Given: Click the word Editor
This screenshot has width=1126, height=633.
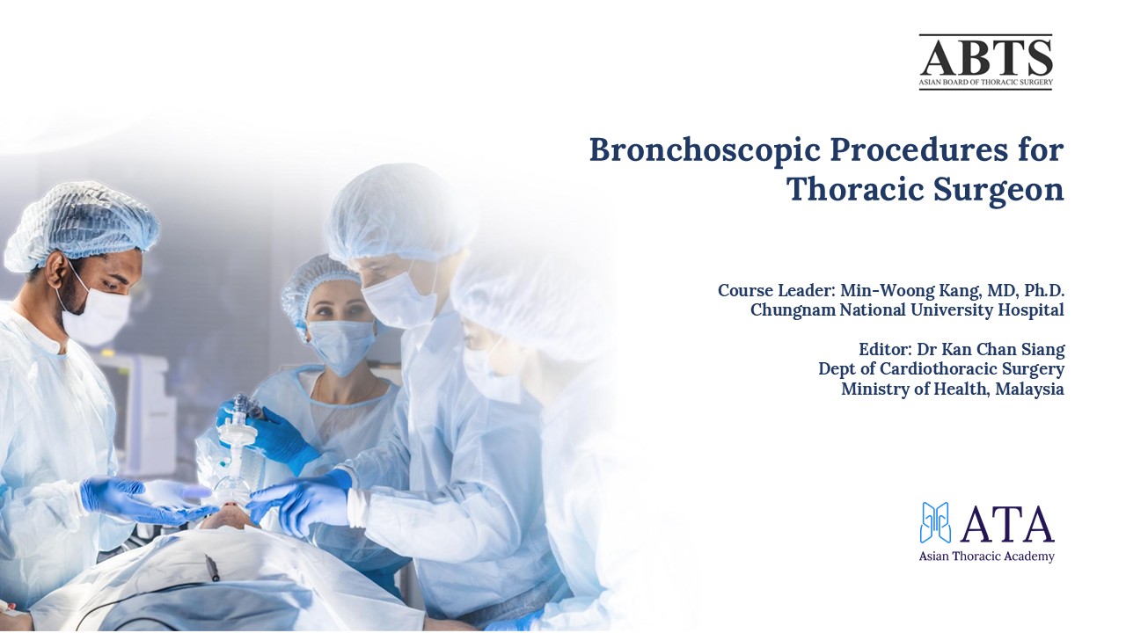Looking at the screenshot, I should point(884,349).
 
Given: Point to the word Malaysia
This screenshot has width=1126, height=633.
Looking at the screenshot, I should point(1030,388).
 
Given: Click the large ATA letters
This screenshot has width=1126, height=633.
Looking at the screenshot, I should point(1007,525).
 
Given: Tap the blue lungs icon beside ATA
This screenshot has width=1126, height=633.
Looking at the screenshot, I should point(936,522).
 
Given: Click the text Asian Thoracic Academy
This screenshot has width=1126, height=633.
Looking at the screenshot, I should point(986,557).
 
